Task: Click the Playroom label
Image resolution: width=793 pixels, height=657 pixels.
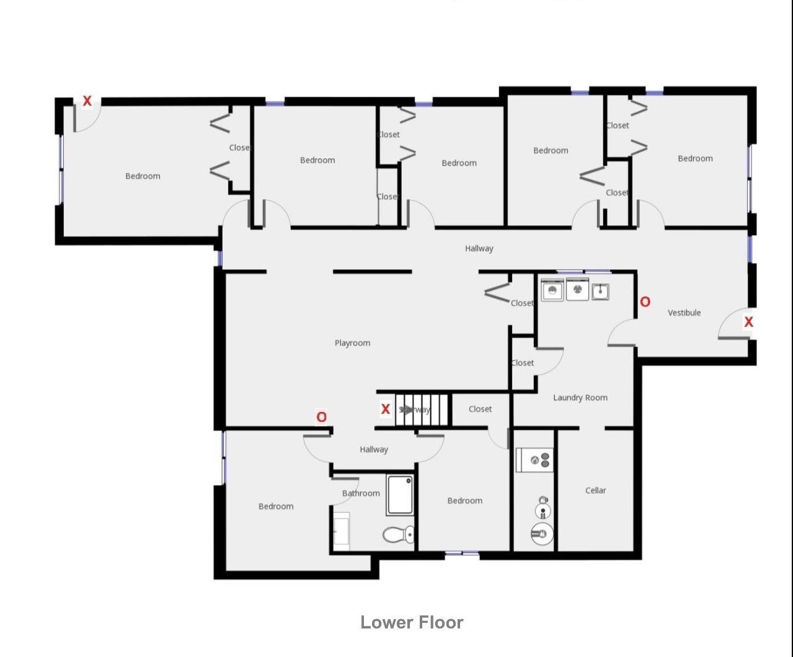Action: click(352, 343)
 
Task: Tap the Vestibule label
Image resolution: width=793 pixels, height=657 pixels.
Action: click(684, 313)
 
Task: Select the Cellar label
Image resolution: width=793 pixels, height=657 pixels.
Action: click(595, 490)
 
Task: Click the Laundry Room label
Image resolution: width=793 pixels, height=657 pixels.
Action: click(580, 398)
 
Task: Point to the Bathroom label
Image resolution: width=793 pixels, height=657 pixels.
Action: click(361, 493)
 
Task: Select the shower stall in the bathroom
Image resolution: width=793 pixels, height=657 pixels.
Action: click(400, 495)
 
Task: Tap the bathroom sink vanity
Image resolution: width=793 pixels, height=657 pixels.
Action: click(341, 532)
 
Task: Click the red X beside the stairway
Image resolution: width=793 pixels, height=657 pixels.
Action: click(385, 409)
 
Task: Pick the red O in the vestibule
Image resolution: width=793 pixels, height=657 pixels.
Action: click(645, 302)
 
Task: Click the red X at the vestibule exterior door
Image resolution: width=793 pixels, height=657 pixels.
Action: click(748, 322)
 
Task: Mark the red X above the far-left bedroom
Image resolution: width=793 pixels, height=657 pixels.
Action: click(87, 101)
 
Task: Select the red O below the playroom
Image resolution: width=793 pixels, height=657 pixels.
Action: click(321, 417)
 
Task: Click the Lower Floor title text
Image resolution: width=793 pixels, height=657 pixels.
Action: click(412, 622)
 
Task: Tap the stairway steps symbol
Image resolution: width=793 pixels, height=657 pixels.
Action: click(422, 409)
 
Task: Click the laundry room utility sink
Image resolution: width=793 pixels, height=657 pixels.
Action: click(600, 291)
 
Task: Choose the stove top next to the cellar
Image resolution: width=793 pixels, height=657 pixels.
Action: click(534, 460)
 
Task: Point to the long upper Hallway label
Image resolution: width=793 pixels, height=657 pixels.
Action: click(479, 249)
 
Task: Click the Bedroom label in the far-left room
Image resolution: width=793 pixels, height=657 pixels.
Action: click(143, 176)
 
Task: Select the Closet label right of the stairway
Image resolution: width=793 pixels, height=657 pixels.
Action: click(480, 409)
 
